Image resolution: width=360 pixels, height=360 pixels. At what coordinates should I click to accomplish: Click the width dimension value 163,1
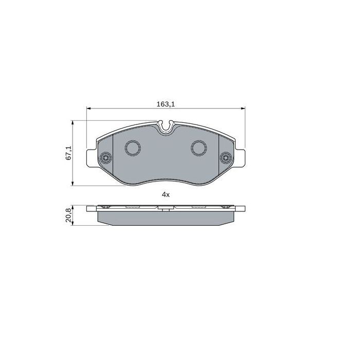pos(166,104)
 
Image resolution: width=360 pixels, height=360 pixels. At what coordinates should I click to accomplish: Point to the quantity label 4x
pos(166,194)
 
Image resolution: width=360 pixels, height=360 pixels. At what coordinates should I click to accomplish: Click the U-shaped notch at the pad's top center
pos(166,126)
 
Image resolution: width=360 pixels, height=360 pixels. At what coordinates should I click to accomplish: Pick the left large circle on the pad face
pos(133,149)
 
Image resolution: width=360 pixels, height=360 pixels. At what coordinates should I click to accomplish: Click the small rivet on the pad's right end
pos(225,158)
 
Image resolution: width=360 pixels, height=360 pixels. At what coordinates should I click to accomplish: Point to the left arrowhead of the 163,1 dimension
pos(88,109)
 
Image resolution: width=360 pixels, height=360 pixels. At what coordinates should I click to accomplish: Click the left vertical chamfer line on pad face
pos(112,154)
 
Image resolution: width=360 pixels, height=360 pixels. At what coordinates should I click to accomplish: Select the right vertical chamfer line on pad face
pos(220,154)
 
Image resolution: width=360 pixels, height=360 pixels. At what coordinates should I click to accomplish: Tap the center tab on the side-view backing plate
pos(166,209)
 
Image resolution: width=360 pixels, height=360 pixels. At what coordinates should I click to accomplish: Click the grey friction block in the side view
pos(166,218)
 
